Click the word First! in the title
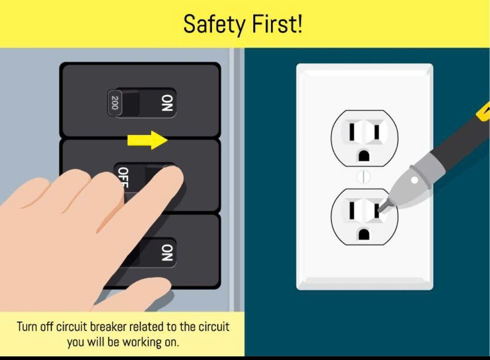click(x=277, y=24)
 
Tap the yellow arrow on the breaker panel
click(x=147, y=140)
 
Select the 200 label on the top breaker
click(x=115, y=103)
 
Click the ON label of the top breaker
click(x=167, y=103)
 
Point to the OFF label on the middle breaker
click(x=123, y=177)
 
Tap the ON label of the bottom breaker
click(x=167, y=253)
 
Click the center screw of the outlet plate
click(x=363, y=177)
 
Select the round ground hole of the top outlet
click(x=363, y=156)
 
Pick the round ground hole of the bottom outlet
click(x=363, y=234)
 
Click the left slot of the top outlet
click(x=352, y=132)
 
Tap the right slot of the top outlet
click(x=377, y=132)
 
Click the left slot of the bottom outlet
click(x=352, y=210)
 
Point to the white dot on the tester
click(x=414, y=180)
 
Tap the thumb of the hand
click(x=137, y=292)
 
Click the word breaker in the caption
click(x=108, y=327)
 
